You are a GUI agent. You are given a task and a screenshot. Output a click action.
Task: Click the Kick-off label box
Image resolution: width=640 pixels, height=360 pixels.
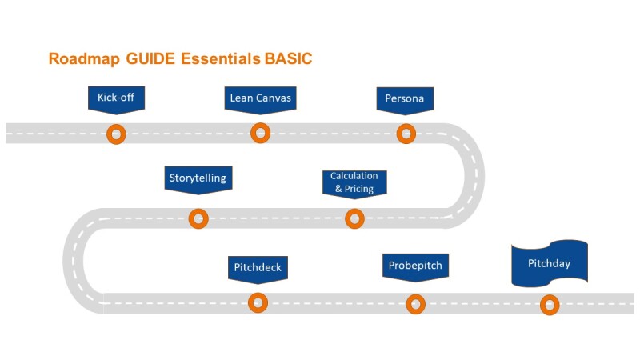click(116, 98)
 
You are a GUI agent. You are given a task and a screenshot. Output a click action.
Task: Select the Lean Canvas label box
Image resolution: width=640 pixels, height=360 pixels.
click(260, 98)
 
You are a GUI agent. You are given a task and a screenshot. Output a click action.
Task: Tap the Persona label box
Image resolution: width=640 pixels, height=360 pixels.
click(405, 98)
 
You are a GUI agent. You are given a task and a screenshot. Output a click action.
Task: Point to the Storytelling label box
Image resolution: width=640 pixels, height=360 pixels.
click(198, 178)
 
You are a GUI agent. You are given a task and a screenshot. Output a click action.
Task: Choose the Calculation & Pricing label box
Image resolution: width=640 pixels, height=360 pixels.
click(354, 182)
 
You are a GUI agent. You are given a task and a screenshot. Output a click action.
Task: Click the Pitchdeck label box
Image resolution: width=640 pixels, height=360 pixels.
click(257, 267)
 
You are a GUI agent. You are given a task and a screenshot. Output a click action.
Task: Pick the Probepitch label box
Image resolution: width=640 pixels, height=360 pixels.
click(414, 265)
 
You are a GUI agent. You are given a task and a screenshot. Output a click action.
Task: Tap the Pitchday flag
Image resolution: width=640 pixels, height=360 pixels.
click(549, 262)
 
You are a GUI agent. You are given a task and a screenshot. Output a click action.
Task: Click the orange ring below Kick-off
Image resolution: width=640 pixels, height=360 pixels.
click(117, 134)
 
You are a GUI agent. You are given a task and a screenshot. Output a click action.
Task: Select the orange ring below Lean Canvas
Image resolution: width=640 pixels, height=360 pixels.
click(260, 133)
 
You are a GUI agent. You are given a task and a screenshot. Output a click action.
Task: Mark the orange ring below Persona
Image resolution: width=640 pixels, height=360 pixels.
click(406, 134)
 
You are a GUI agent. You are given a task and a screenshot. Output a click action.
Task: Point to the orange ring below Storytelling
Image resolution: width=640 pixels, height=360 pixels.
click(198, 218)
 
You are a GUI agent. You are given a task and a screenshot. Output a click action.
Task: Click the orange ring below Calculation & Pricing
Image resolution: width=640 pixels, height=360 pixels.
click(354, 218)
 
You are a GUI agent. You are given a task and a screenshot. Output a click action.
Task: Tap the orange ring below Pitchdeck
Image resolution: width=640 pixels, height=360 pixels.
click(258, 302)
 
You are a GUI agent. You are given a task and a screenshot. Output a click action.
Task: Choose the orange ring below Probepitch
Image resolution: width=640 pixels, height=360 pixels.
click(415, 304)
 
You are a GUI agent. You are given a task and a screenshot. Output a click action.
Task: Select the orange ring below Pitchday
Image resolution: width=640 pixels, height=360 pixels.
click(550, 304)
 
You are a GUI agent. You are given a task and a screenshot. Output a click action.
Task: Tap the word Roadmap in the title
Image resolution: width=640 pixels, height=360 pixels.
click(80, 59)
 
